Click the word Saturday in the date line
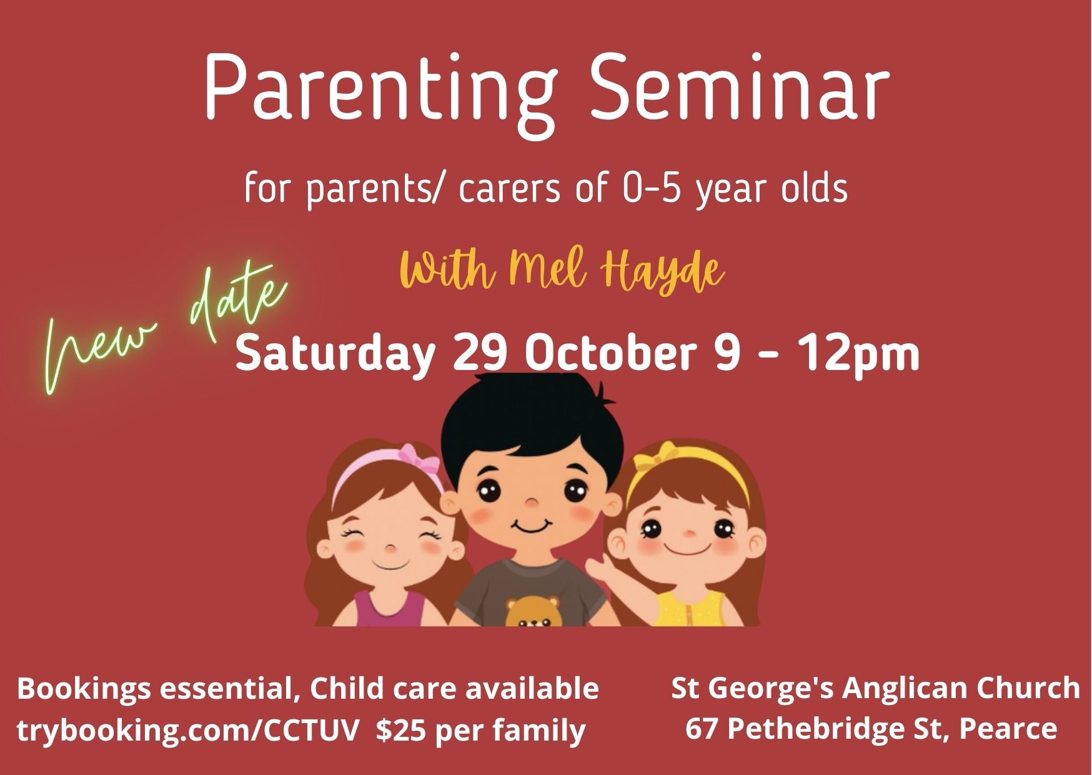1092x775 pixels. (x=334, y=355)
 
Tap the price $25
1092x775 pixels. (x=402, y=729)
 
